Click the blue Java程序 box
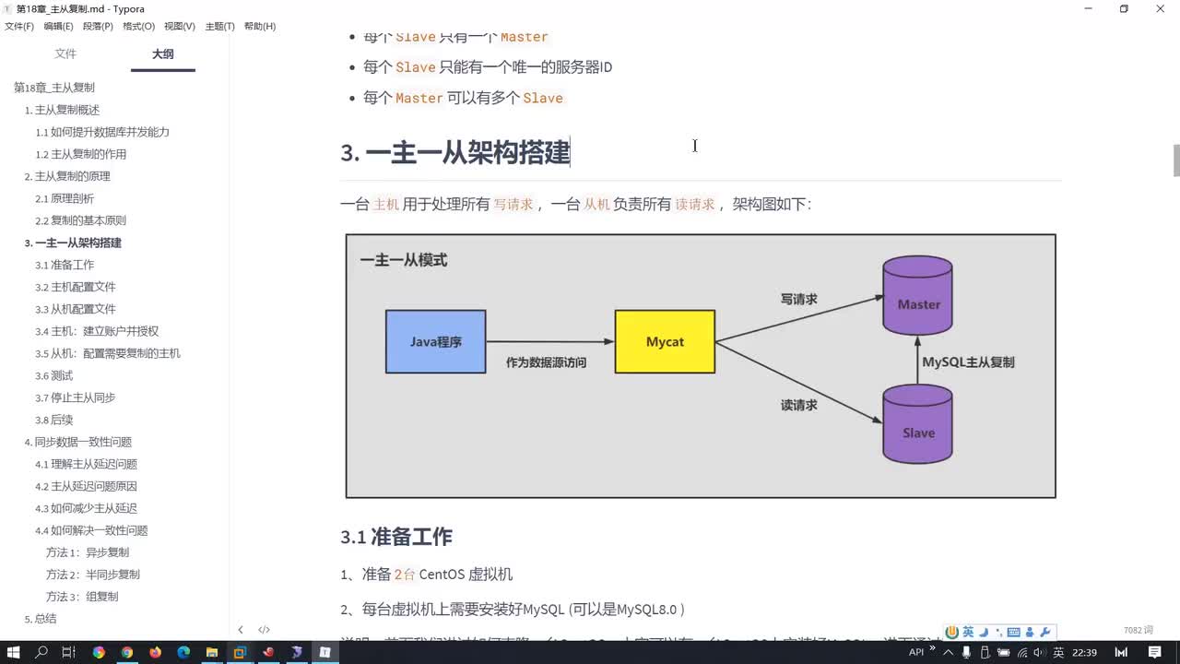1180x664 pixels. (435, 341)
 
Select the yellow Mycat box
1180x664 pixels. (665, 341)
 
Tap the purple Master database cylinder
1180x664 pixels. (917, 297)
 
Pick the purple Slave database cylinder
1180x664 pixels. (917, 425)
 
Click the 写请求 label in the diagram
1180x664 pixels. (798, 300)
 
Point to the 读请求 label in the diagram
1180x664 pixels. (798, 405)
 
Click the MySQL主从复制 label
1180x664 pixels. (968, 362)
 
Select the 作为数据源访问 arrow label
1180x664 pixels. (546, 363)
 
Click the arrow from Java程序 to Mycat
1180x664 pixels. (549, 341)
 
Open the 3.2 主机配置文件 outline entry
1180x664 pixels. (76, 287)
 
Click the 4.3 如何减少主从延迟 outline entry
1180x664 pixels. (86, 508)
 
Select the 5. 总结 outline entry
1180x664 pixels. (40, 619)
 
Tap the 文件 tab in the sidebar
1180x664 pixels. (65, 54)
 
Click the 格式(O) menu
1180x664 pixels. (138, 27)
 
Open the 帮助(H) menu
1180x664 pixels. (260, 27)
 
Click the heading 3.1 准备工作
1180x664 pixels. (396, 538)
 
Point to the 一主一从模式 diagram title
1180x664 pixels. (404, 261)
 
